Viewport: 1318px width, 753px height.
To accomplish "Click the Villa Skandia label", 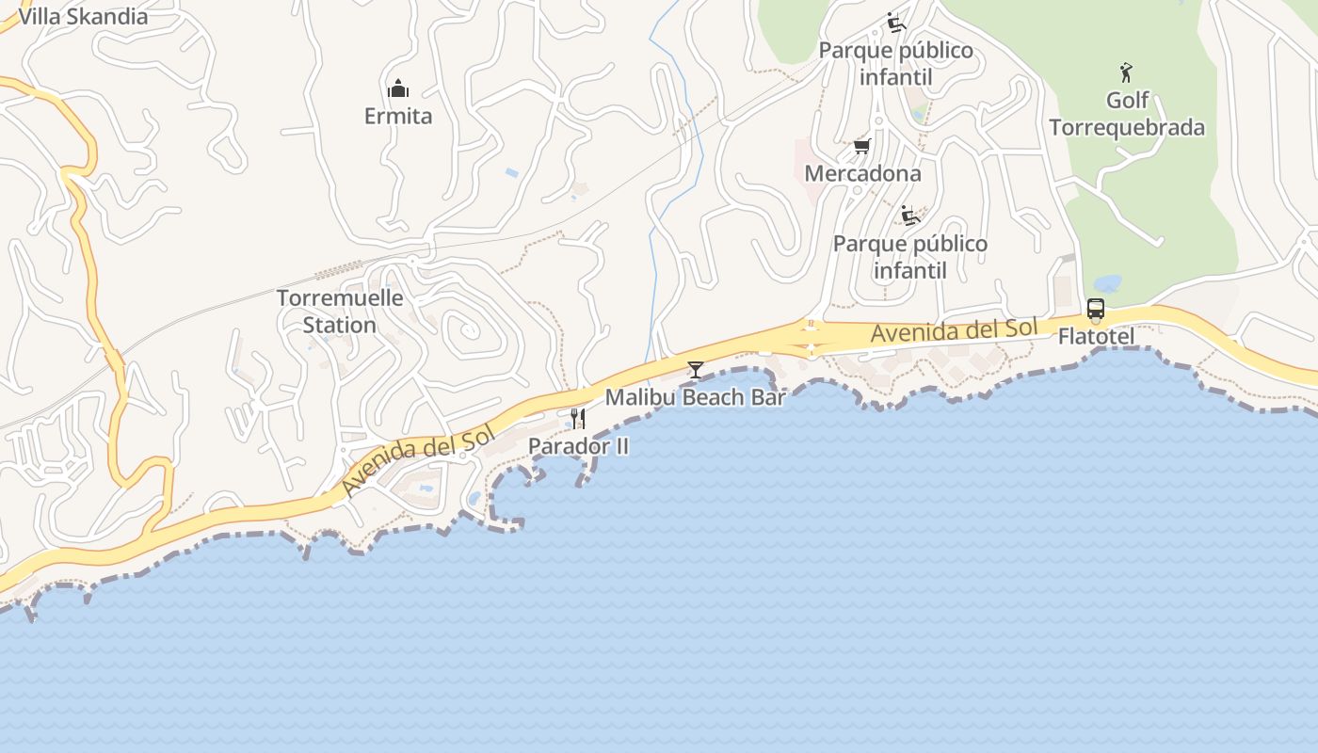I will click(x=83, y=17).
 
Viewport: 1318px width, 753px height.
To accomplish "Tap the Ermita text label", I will click(x=398, y=117).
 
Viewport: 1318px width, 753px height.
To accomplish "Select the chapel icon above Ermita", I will click(x=398, y=89).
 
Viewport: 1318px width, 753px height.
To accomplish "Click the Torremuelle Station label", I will click(x=340, y=312).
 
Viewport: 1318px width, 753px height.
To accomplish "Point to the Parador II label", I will click(x=578, y=446).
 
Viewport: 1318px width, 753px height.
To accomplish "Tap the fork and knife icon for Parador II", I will click(x=578, y=419).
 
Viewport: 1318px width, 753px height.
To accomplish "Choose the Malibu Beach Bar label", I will click(x=695, y=397).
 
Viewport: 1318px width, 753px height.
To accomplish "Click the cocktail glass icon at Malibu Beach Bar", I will click(x=695, y=370).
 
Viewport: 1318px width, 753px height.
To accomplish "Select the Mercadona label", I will click(x=862, y=174).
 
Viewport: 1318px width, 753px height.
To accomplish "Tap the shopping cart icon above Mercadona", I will click(x=861, y=147).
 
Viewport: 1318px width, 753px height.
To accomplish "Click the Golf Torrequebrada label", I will click(x=1127, y=114).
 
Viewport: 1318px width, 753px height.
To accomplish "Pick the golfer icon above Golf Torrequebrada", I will click(x=1126, y=72).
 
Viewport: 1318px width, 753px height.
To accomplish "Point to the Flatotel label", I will click(x=1096, y=336).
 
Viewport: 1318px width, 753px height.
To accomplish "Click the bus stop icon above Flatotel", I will click(x=1096, y=309).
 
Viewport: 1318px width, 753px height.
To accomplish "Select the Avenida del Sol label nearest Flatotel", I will click(x=954, y=331).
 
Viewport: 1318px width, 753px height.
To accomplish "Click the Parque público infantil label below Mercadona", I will click(x=910, y=257).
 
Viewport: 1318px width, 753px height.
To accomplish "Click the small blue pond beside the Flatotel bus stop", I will click(x=1107, y=283).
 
